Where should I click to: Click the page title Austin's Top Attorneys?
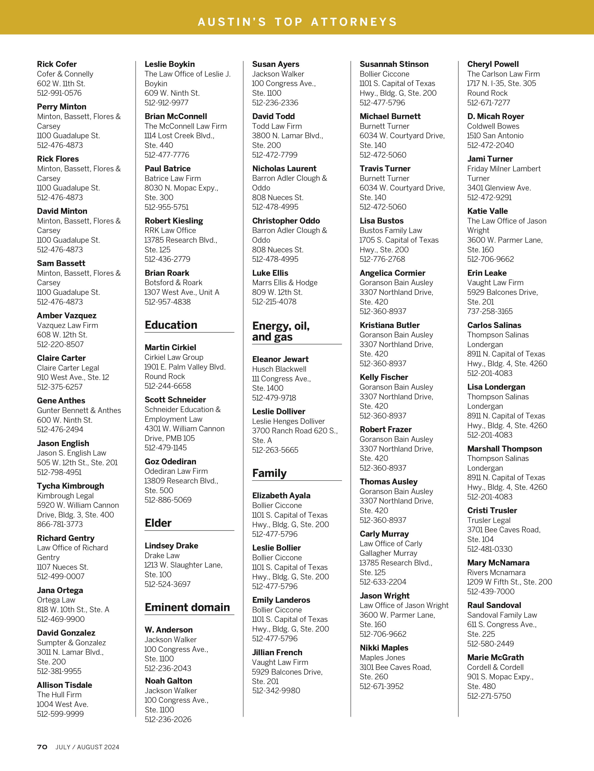297,22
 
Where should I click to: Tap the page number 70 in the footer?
42,747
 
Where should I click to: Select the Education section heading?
171,325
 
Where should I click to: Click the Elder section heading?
158,523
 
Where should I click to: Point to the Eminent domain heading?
187,607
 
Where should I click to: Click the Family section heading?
269,473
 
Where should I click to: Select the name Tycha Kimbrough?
70,486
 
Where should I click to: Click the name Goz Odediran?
170,461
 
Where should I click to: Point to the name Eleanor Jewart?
280,359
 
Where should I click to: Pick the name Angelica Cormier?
392,273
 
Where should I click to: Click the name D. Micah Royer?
495,116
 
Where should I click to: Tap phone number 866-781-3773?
60,524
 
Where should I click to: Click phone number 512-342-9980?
276,690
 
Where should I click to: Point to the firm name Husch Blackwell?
279,369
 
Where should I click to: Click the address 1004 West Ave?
62,704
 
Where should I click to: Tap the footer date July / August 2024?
87,747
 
